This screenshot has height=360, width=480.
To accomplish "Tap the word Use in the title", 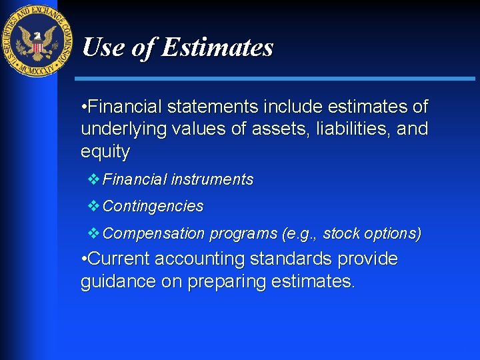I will [101, 47].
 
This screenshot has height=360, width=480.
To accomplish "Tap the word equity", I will [105, 151].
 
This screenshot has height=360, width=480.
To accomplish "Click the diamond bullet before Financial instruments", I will [93, 179].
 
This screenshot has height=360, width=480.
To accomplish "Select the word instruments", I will [212, 179].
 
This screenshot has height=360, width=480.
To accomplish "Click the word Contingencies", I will [153, 207].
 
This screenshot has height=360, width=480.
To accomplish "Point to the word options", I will [393, 233].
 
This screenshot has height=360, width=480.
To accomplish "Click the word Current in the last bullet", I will [117, 259].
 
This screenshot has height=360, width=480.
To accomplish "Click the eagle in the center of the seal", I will [37, 42].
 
